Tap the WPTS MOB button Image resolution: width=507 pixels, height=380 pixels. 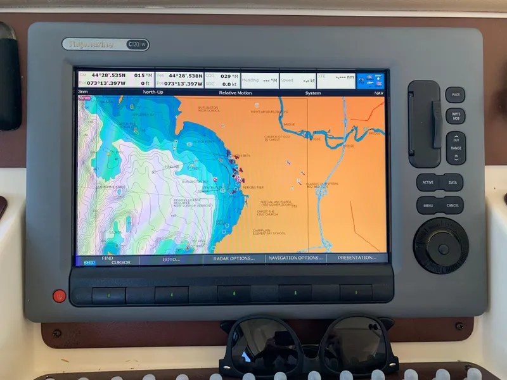click(455, 116)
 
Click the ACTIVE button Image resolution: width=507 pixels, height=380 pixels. click(428, 182)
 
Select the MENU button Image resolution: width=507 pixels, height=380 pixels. click(428, 205)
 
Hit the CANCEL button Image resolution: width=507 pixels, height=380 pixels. click(452, 205)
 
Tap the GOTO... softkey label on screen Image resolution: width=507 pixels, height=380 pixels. click(171, 258)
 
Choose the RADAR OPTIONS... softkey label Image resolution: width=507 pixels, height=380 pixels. click(234, 258)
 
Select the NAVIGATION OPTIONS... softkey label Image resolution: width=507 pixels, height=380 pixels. click(295, 258)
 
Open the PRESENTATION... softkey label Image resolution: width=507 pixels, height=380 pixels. click(357, 258)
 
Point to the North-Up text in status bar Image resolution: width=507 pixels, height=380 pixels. click(153, 92)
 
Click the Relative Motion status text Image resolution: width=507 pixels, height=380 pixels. click(235, 92)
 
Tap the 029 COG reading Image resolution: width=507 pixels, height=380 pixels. click(225, 75)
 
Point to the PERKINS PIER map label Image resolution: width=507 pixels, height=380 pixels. click(253, 187)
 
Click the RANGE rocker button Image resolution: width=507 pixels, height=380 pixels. click(456, 148)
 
